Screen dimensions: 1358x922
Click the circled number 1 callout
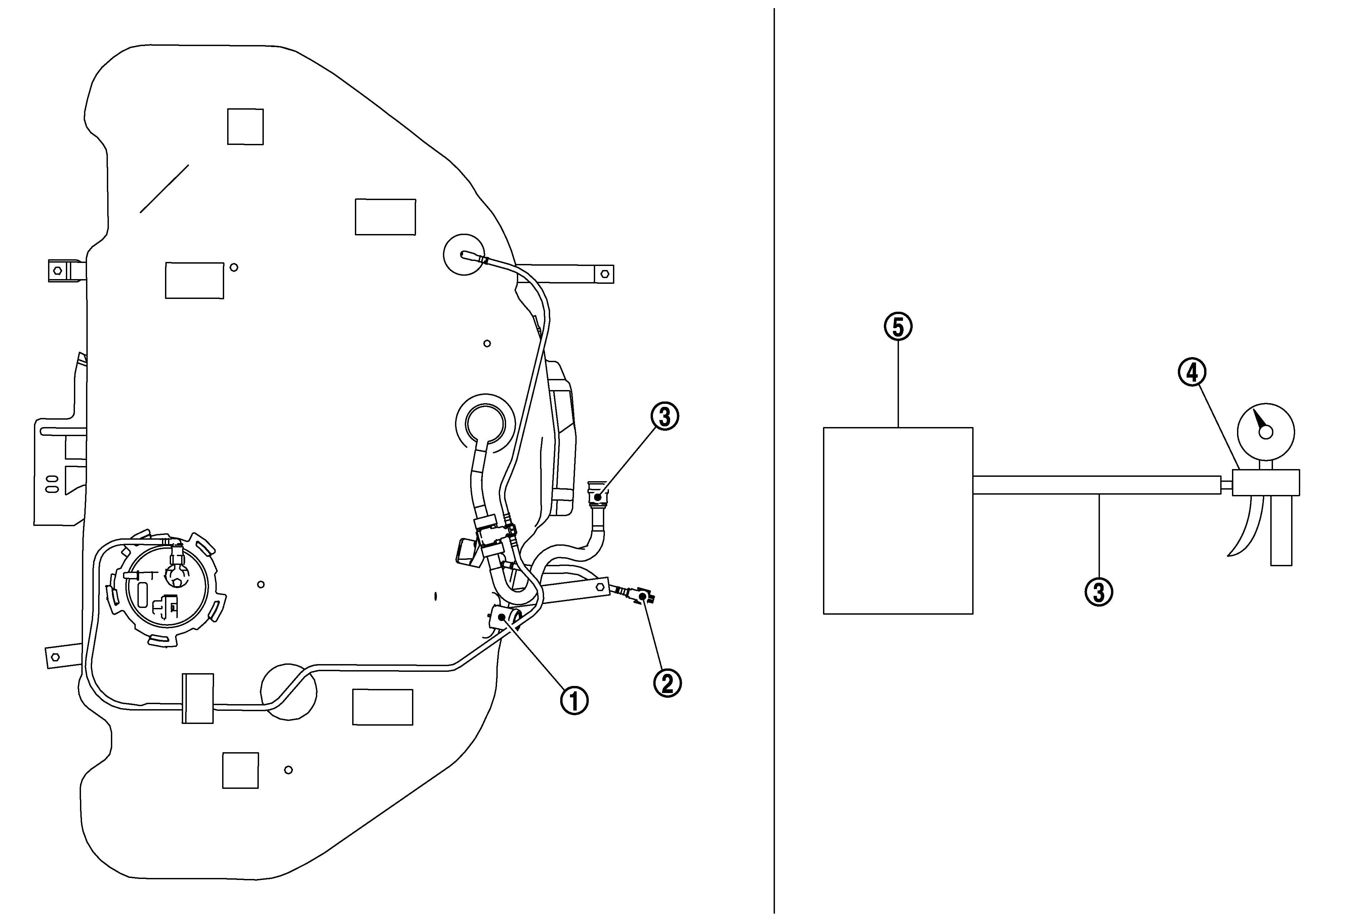tap(574, 700)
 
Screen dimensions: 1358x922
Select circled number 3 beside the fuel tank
tap(664, 417)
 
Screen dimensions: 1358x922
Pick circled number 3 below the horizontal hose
tap(1099, 592)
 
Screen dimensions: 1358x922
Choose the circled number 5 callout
tap(898, 327)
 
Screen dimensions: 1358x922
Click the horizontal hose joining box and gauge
tap(1097, 485)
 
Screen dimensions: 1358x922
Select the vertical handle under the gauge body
tap(1281, 530)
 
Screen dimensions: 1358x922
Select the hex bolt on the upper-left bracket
tap(57, 271)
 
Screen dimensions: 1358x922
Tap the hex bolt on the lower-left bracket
tap(54, 657)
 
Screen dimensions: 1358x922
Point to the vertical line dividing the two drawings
tap(774, 461)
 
